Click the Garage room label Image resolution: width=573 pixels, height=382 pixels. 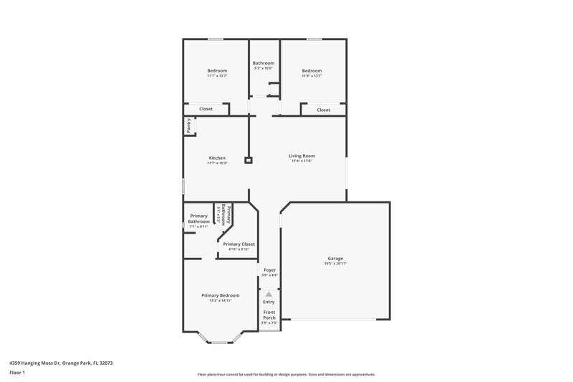[335, 258]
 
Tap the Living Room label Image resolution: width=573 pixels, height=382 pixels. [302, 156]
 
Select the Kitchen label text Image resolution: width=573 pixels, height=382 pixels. [217, 158]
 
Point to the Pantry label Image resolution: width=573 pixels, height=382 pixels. [189, 125]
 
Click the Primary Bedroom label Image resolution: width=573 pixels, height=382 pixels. [220, 295]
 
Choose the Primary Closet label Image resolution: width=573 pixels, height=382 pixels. [239, 244]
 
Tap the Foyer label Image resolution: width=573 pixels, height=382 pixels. [269, 270]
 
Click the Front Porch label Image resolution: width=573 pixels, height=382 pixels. [269, 315]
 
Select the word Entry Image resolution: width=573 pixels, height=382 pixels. [269, 302]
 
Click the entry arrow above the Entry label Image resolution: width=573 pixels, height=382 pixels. [269, 294]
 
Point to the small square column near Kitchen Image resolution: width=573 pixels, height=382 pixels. [248, 161]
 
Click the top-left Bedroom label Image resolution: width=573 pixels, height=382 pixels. [217, 70]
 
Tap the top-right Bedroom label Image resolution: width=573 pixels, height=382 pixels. [312, 70]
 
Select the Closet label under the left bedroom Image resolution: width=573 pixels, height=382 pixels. [206, 109]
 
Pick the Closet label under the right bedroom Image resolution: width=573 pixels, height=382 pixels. [324, 110]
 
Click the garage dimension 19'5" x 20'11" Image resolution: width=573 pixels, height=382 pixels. [335, 264]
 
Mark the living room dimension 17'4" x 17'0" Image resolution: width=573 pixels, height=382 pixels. [302, 161]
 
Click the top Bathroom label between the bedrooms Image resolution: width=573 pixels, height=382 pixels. [263, 63]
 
